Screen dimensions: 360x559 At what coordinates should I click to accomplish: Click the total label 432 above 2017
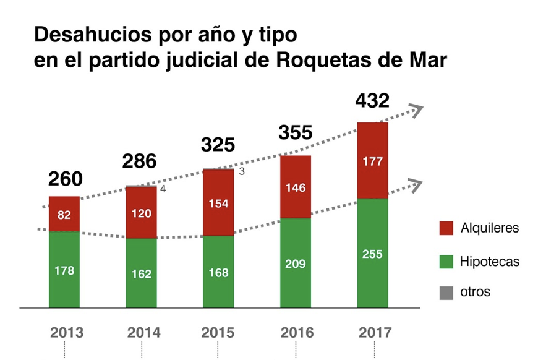click(x=372, y=100)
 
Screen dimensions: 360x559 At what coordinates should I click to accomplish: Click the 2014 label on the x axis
click(x=143, y=333)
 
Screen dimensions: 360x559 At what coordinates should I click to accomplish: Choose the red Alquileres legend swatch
click(x=446, y=228)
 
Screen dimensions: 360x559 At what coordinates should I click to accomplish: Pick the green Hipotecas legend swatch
click(x=446, y=260)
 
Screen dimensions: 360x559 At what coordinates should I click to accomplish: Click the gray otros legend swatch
click(x=446, y=293)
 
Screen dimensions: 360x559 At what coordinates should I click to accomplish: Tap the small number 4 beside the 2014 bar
click(x=163, y=189)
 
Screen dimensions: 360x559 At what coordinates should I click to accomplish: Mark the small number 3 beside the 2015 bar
click(x=242, y=171)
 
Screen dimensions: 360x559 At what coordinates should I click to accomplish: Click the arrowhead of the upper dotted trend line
click(x=417, y=111)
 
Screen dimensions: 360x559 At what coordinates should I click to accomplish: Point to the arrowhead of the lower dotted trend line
click(x=416, y=184)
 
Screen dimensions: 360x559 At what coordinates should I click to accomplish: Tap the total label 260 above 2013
click(x=65, y=179)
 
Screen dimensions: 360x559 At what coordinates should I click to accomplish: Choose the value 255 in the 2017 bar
click(x=372, y=254)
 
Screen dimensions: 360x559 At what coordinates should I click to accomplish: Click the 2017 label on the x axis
click(x=375, y=333)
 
